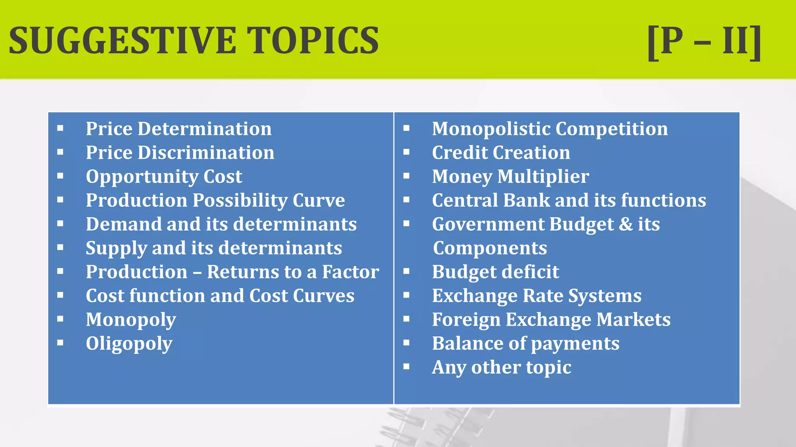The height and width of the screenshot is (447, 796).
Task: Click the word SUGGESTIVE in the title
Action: coord(122,40)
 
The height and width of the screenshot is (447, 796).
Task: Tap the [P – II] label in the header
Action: coord(704,41)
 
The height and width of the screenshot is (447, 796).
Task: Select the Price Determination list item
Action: coord(178,129)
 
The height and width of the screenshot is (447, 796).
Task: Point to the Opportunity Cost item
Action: coord(164,177)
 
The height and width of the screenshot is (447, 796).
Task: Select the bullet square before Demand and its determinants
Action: coord(60,223)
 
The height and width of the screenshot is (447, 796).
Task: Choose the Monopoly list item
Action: coord(131,320)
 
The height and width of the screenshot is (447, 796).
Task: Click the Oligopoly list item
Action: coord(129,344)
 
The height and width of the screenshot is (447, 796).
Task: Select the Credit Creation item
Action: coord(501,152)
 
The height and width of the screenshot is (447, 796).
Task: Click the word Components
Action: coord(490,248)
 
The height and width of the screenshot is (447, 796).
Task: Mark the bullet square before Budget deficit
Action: coord(407,271)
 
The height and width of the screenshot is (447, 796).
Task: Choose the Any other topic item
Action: coord(501,367)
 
